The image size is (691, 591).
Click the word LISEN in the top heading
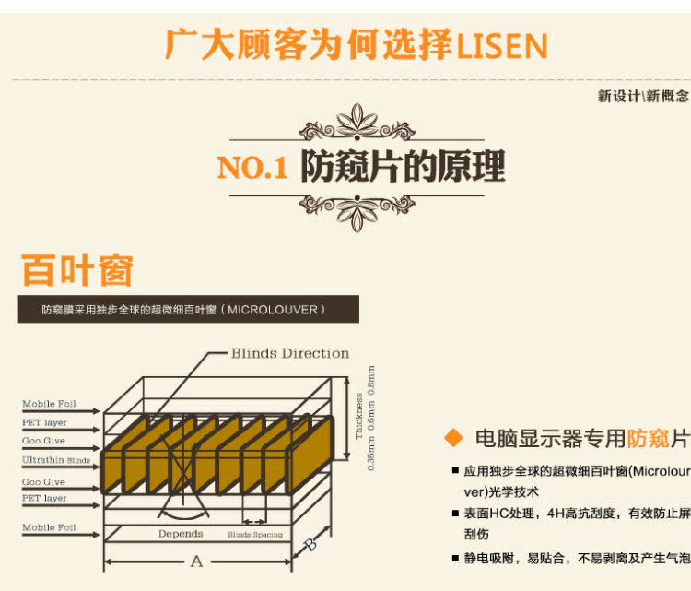pos(502,45)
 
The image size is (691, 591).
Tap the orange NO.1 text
pos(252,168)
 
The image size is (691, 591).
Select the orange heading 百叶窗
pos(77,271)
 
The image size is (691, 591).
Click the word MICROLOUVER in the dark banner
pos(274,309)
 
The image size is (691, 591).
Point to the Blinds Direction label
pos(289,353)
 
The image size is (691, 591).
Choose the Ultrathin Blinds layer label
pos(56,458)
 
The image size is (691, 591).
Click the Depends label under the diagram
pos(180,534)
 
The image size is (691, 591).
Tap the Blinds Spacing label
pos(255,535)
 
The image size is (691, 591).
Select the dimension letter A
pos(195,561)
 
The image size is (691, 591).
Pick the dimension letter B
pos(310,545)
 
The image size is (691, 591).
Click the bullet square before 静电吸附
pos(455,558)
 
